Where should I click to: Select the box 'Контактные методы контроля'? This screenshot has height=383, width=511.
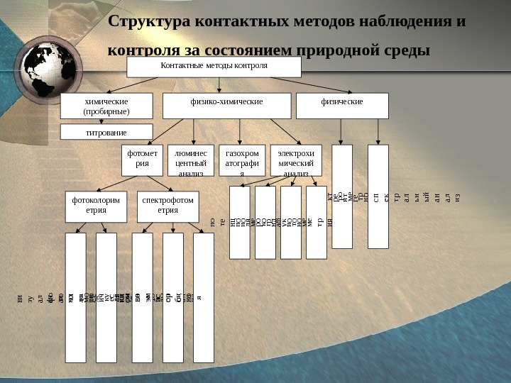click(214, 67)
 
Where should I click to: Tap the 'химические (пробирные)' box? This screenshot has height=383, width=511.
click(106, 106)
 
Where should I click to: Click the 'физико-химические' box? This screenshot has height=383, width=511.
click(226, 105)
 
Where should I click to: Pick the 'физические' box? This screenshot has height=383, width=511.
click(342, 105)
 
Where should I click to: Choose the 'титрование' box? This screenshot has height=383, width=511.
click(106, 132)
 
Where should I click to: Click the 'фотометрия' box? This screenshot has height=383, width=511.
click(143, 160)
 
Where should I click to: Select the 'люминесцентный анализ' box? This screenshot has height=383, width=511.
click(191, 160)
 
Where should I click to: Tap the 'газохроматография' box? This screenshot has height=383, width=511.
click(241, 160)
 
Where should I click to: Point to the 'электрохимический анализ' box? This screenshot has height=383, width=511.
click(296, 160)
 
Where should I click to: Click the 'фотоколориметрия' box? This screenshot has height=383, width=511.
click(96, 206)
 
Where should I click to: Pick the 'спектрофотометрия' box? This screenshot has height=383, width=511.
click(167, 206)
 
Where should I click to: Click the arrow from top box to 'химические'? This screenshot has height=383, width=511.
click(152, 84)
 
